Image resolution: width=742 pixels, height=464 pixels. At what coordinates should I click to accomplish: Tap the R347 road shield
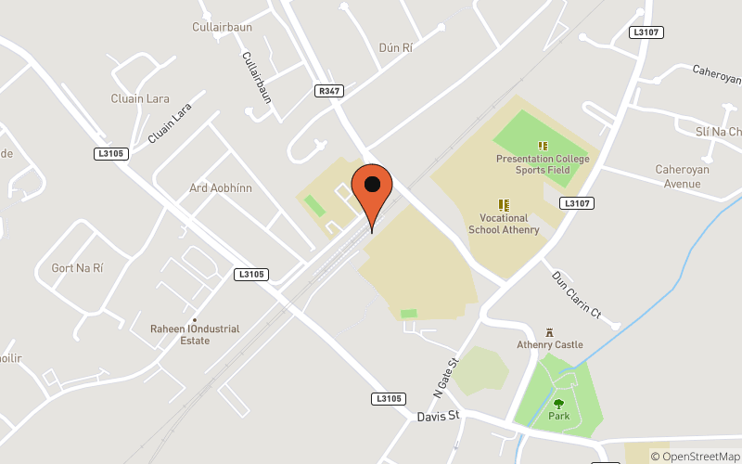point(328,91)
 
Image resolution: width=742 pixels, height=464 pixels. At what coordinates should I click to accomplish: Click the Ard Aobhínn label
point(221,187)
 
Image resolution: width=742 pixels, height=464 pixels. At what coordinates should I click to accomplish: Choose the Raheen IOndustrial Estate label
point(195,334)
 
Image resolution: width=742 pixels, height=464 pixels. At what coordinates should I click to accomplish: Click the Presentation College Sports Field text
point(543,164)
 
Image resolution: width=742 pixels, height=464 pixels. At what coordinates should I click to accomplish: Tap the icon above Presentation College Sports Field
point(543,146)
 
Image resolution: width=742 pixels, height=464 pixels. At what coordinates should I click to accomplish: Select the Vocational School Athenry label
point(504,224)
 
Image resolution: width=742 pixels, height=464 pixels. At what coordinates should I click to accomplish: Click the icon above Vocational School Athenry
point(504,204)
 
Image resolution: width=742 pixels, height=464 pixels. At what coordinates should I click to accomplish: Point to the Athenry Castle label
point(550,345)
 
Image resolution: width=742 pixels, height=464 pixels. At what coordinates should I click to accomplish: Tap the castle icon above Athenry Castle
point(550,331)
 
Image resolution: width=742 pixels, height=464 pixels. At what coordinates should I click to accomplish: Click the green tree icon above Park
point(558,403)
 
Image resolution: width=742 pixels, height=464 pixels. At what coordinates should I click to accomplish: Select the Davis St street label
point(438,416)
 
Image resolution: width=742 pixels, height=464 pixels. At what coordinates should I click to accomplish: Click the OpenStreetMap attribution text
point(695,456)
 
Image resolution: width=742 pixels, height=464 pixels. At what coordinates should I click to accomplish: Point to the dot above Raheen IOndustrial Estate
point(195,319)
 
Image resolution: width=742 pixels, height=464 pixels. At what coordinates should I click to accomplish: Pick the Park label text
point(558,417)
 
